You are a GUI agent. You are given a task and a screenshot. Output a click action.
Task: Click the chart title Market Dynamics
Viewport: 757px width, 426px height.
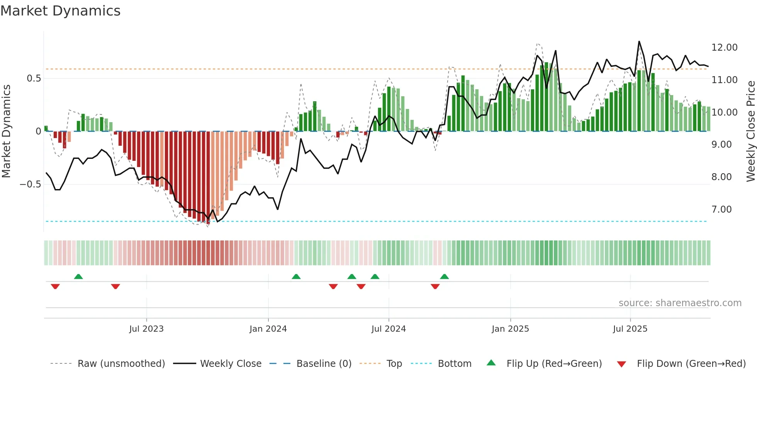coord(60,11)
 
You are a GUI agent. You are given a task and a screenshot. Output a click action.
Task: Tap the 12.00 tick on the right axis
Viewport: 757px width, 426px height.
coord(724,48)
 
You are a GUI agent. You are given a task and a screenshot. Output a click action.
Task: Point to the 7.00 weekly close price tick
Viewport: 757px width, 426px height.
coord(721,210)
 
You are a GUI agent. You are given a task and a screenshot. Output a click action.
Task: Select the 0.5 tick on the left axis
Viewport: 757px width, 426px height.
coord(34,78)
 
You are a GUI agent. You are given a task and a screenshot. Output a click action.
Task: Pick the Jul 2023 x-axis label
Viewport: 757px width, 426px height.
coord(146,329)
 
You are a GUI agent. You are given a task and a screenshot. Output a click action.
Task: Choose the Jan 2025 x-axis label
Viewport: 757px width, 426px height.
coord(510,329)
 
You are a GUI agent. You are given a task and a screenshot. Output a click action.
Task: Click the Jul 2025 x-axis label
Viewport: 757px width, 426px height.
coord(630,329)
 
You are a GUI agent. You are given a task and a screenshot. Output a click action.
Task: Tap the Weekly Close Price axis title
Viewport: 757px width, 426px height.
coord(750,131)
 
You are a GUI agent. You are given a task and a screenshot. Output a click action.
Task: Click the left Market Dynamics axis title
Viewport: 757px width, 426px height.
coord(6,131)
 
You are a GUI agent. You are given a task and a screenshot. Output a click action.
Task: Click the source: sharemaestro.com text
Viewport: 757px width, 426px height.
coord(680,303)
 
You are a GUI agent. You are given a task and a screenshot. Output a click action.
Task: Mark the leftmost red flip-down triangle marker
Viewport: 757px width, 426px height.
coord(55,286)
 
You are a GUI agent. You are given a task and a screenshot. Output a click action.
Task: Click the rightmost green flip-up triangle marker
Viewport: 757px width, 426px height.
coord(445,276)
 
